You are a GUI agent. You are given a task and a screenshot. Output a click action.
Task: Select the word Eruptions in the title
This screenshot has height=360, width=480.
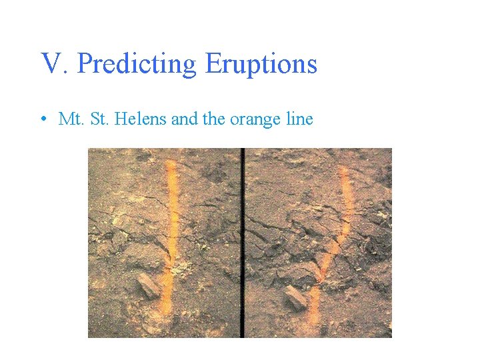click(261, 65)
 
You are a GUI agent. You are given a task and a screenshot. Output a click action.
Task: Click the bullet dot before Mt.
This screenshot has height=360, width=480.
click(42, 121)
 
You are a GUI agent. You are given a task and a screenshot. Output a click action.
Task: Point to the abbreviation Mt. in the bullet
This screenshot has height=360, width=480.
click(70, 120)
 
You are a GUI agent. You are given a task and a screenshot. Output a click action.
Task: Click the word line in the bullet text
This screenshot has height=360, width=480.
click(299, 120)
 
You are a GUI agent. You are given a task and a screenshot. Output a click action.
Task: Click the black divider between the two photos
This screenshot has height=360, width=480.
click(243, 243)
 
